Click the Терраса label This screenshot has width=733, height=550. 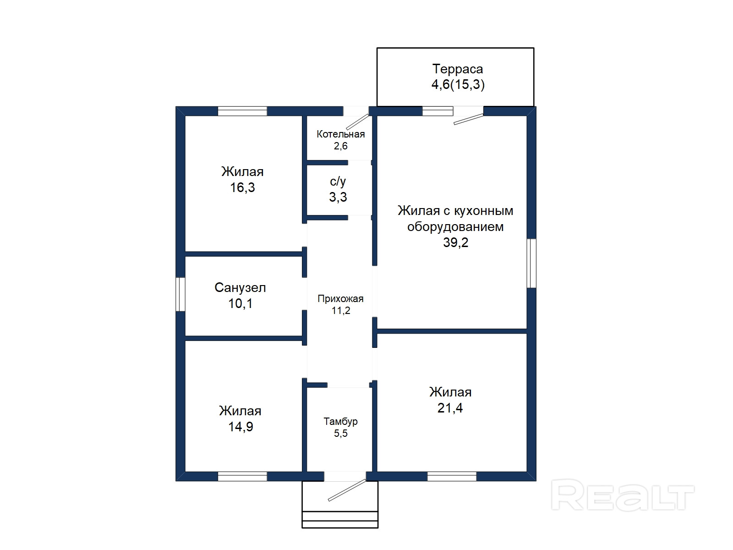458,69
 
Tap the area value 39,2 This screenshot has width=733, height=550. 455,242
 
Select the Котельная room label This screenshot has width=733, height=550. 341,134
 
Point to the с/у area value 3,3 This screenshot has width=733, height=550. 338,197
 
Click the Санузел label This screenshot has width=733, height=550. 240,287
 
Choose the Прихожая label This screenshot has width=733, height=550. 341,298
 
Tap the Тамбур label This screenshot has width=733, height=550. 341,422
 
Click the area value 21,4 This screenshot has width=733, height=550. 450,408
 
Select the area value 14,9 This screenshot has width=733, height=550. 241,427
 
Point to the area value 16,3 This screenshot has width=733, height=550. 242,187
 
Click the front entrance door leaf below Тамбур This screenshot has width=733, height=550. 347,490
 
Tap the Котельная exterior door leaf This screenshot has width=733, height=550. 357,122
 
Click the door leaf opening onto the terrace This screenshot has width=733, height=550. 469,119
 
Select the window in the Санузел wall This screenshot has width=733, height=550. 181,294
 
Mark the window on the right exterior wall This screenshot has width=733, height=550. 531,263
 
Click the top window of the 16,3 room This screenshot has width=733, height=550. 242,111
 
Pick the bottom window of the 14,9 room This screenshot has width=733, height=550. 242,476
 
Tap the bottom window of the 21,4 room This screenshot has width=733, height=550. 452,476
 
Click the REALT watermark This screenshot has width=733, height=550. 623,495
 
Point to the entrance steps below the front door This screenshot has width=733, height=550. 340,520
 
